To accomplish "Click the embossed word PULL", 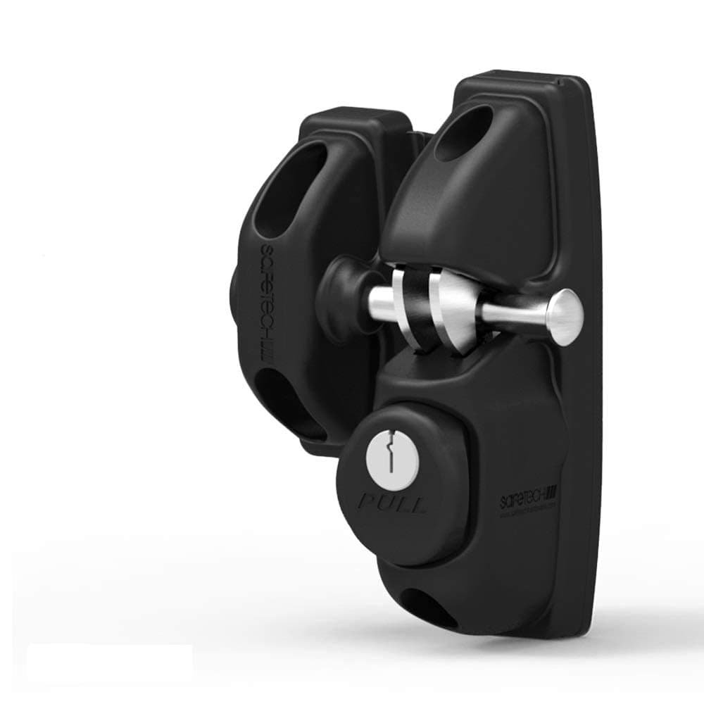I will click(393, 503).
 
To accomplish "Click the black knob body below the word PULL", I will click(394, 539).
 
